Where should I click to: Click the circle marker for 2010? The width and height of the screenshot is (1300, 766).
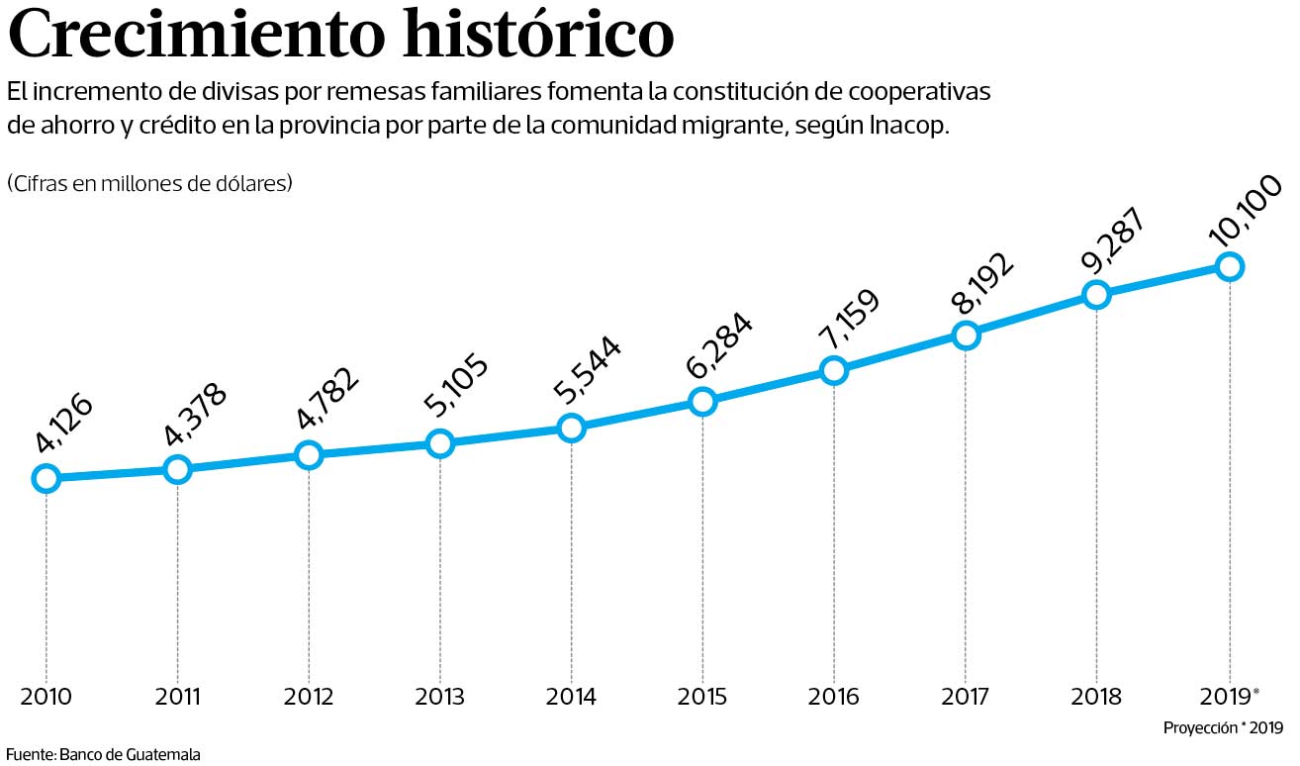tap(46, 479)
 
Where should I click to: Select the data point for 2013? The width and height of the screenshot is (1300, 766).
tap(439, 443)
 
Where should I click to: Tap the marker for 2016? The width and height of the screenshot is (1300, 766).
tap(833, 370)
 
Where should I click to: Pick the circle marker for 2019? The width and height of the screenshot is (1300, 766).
tap(1229, 266)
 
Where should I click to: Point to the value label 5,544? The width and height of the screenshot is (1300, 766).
tap(588, 372)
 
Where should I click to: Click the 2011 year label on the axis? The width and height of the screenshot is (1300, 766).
tap(178, 697)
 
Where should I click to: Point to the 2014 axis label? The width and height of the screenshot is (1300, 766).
tap(571, 697)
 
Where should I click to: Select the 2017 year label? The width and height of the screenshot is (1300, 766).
tap(966, 697)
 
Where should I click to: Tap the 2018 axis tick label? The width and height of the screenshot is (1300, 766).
tap(1096, 697)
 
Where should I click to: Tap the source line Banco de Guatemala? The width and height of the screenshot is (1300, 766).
tap(103, 754)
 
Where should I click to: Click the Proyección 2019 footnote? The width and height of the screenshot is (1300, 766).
tap(1223, 728)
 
